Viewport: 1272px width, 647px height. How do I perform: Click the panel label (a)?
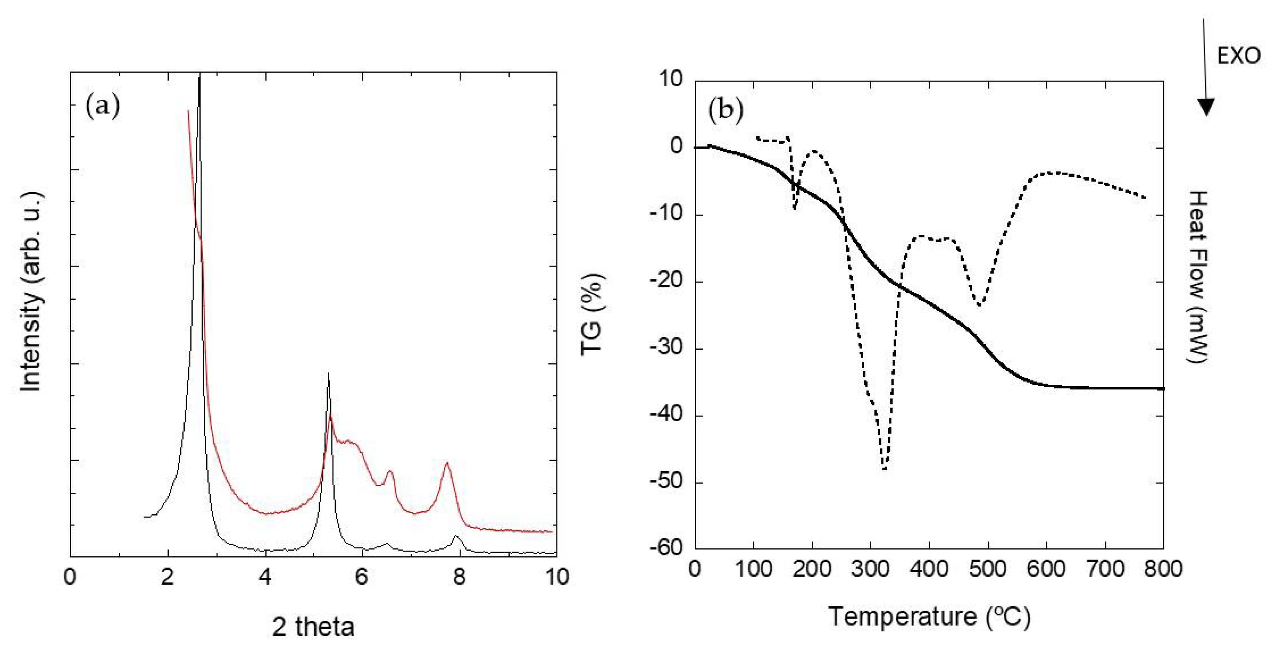(x=103, y=106)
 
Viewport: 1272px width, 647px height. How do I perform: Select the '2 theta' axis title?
(x=313, y=627)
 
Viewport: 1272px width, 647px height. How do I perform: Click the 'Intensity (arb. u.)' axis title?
(x=31, y=292)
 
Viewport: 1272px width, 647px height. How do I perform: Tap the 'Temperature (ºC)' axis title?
(x=929, y=616)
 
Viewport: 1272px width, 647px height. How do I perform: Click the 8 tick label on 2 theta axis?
(x=459, y=576)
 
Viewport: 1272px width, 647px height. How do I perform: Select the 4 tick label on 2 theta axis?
(x=265, y=576)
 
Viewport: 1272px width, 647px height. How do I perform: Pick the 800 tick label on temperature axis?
(x=1163, y=569)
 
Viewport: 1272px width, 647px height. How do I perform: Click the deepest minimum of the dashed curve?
(x=885, y=469)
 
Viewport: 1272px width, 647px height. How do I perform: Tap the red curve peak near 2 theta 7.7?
(x=447, y=463)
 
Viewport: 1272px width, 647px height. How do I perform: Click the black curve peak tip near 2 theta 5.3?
(x=328, y=374)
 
